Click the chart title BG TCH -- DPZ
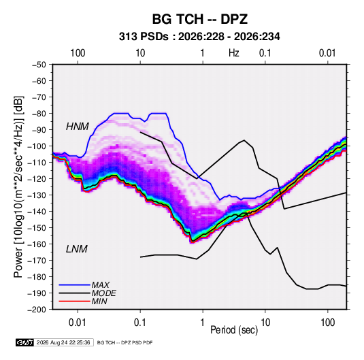point(200,19)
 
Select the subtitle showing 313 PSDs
point(199,37)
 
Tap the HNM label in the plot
point(78,127)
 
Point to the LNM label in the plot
point(77,249)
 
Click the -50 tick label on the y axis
point(39,65)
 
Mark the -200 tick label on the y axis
point(37,310)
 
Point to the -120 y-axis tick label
point(37,179)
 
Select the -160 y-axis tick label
point(37,244)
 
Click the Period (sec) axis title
point(234,330)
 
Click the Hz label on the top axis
point(234,53)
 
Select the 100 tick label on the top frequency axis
point(78,53)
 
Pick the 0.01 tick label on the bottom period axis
point(78,323)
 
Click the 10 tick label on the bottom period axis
point(265,323)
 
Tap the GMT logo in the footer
point(24,342)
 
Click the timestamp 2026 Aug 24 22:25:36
point(63,342)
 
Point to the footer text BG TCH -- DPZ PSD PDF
point(125,342)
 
